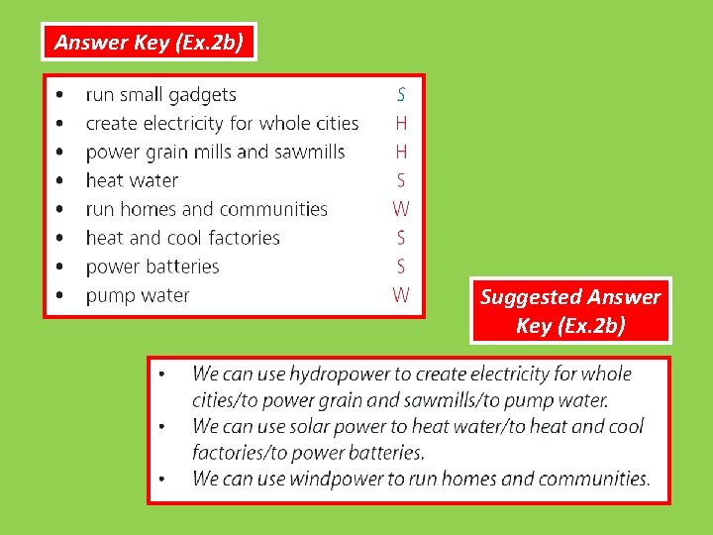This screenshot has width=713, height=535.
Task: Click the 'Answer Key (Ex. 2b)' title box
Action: (149, 42)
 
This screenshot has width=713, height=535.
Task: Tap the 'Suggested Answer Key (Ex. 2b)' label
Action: (570, 311)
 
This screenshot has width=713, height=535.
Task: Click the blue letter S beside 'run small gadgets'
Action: (401, 95)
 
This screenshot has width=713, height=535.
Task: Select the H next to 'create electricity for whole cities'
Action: (401, 124)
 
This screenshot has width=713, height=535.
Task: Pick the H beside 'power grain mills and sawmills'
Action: (401, 152)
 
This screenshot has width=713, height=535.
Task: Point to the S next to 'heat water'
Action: (401, 180)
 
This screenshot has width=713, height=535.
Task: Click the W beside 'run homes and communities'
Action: (401, 209)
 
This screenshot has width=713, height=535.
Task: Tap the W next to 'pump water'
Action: (401, 295)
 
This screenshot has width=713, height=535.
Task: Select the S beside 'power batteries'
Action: (401, 267)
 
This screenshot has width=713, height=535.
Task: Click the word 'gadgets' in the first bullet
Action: (202, 95)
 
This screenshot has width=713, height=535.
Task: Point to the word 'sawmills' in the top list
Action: (310, 152)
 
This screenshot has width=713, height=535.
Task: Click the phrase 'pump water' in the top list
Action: (138, 295)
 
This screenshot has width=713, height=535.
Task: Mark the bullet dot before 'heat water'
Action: (62, 181)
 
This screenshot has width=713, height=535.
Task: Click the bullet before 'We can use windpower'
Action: (162, 480)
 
